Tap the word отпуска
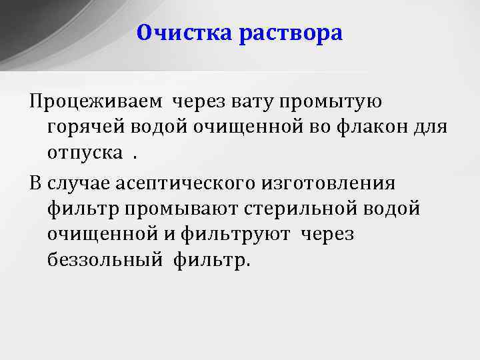point(85,154)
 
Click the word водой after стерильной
point(397,208)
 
